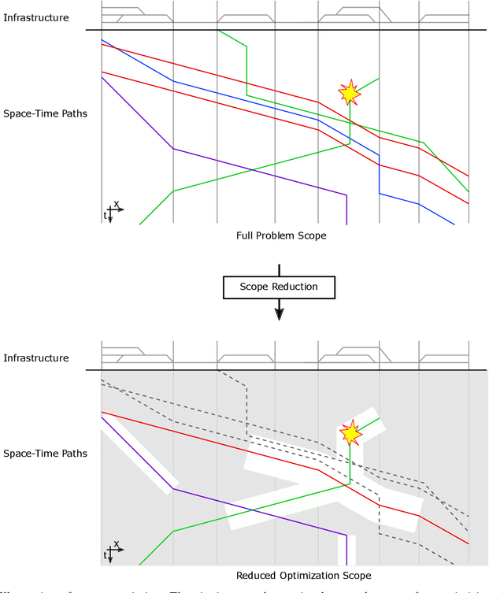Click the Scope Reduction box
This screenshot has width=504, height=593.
[x=279, y=287]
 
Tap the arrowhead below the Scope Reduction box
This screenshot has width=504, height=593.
[x=279, y=313]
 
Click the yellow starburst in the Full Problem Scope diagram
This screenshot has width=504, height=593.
[x=349, y=93]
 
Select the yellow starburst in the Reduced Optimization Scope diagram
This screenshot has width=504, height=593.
[x=350, y=433]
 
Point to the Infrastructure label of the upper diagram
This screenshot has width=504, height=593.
[x=35, y=17]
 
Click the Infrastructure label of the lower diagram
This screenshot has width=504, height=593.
[x=35, y=358]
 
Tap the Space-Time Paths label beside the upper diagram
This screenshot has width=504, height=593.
[x=45, y=113]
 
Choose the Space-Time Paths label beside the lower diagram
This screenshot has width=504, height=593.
[x=45, y=454]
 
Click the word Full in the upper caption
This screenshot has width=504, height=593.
[x=246, y=235]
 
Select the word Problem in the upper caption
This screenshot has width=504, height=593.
[x=277, y=235]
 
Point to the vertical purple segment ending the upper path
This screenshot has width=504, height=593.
[x=346, y=209]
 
